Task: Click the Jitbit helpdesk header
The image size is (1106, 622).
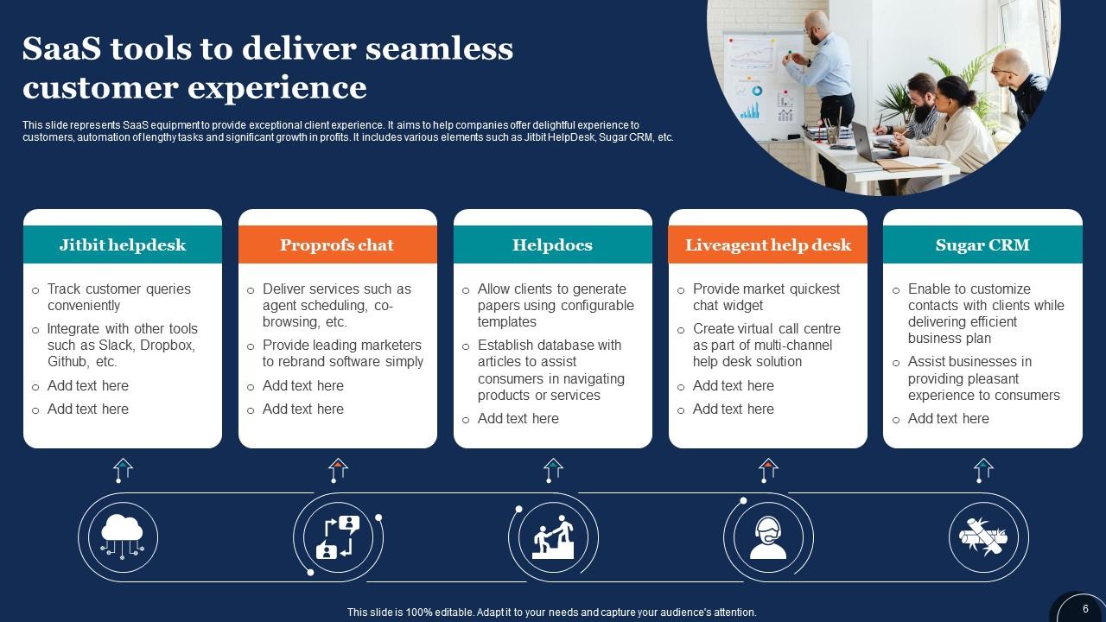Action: click(x=123, y=245)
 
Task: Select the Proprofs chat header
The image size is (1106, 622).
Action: click(x=337, y=245)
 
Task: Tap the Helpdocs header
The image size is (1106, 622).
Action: click(x=552, y=245)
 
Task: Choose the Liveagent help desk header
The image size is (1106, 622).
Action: click(x=768, y=245)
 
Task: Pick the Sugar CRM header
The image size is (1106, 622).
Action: click(x=982, y=245)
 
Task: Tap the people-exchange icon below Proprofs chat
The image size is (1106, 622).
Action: click(x=337, y=536)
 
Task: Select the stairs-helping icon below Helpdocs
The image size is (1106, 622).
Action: click(x=553, y=536)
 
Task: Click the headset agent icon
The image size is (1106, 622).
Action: click(x=768, y=536)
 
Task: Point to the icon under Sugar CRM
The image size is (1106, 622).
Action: click(x=982, y=536)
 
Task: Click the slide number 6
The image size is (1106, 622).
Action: click(x=1085, y=609)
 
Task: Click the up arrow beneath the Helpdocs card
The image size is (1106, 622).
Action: click(x=553, y=470)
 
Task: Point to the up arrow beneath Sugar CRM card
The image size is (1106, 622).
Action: click(x=983, y=470)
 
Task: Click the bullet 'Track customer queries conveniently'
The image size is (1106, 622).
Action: click(x=118, y=297)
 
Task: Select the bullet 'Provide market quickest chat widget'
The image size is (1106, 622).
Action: click(x=766, y=297)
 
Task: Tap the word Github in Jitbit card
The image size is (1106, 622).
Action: click(x=69, y=362)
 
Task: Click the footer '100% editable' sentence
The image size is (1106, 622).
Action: click(x=551, y=612)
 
